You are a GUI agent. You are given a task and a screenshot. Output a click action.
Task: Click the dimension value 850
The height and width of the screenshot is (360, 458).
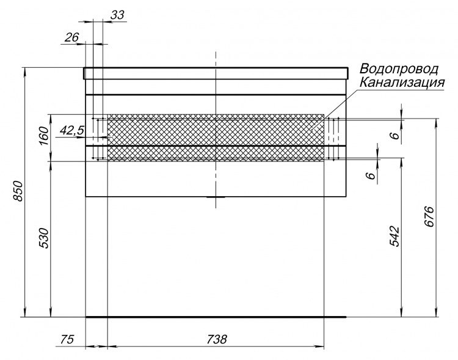(18, 191)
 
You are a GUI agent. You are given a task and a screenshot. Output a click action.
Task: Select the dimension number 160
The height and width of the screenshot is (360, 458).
(43, 136)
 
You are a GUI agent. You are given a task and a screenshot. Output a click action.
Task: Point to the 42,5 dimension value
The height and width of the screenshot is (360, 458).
(72, 130)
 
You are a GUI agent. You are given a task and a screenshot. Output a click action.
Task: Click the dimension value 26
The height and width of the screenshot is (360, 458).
(71, 37)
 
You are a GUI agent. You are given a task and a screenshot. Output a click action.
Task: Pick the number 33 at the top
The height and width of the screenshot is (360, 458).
(117, 15)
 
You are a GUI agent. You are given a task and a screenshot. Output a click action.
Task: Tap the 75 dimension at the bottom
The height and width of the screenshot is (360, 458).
(67, 340)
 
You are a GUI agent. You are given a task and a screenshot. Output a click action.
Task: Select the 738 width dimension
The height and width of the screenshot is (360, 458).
(216, 339)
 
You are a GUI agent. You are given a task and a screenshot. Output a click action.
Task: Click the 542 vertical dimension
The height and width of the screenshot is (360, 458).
(394, 236)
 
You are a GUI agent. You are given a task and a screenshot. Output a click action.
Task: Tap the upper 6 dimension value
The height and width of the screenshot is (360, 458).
(395, 136)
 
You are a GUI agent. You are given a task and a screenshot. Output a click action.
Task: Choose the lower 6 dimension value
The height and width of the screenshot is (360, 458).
(370, 175)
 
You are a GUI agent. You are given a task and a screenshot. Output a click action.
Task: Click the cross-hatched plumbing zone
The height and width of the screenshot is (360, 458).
(216, 138)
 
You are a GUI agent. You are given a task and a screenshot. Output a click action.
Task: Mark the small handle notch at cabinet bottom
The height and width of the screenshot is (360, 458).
(216, 197)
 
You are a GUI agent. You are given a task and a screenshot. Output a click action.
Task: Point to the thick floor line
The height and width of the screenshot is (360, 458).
(216, 317)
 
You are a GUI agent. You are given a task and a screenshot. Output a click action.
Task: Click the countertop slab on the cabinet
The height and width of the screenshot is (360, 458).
(216, 73)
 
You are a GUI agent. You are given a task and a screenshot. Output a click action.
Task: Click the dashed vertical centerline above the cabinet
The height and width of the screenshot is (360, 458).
(216, 59)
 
